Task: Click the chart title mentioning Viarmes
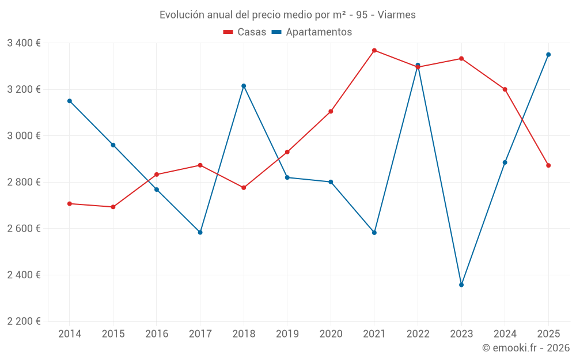[x=287, y=15]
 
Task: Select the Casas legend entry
[x=245, y=32]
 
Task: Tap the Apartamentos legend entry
[x=312, y=32]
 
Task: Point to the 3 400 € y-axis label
[x=24, y=43]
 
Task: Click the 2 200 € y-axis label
[x=24, y=321]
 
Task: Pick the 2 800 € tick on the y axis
[x=24, y=182]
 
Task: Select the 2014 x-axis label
[x=70, y=334]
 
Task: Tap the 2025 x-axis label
[x=548, y=334]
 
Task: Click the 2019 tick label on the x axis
[x=287, y=334]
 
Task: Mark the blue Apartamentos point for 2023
[x=461, y=285]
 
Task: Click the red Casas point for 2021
[x=374, y=51]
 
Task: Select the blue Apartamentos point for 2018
[x=244, y=86]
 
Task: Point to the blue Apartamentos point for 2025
[x=548, y=55]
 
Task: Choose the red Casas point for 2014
[x=70, y=203]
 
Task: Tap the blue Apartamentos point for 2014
[x=70, y=101]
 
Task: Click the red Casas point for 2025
[x=548, y=165]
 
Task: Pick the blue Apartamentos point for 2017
[x=200, y=233]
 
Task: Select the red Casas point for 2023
[x=461, y=59]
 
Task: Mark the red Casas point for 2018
[x=244, y=188]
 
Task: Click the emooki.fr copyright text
[x=525, y=348]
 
